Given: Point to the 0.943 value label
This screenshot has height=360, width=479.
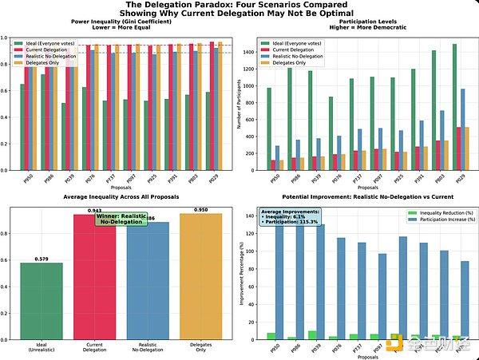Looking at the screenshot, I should (x=93, y=210).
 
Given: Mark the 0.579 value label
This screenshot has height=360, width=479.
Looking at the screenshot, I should (x=42, y=259).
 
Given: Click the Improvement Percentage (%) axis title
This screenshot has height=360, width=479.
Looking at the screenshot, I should (x=243, y=275).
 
